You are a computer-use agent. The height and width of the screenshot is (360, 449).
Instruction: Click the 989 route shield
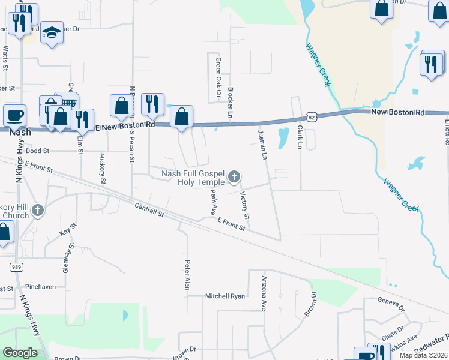[x=16, y=266]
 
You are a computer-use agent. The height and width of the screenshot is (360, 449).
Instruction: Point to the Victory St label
[x=245, y=205]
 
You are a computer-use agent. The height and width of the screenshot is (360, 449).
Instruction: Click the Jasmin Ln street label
[x=262, y=144]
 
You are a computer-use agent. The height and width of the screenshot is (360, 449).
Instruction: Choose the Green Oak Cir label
[x=218, y=78]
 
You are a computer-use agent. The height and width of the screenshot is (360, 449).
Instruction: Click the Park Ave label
[x=213, y=202]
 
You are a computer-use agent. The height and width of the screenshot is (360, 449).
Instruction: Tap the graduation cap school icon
[x=52, y=33]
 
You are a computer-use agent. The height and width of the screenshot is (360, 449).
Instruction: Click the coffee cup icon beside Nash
[x=14, y=115]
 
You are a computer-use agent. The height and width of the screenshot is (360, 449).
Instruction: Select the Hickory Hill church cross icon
[x=38, y=210]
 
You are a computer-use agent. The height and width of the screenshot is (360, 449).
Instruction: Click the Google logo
[x=20, y=353]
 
